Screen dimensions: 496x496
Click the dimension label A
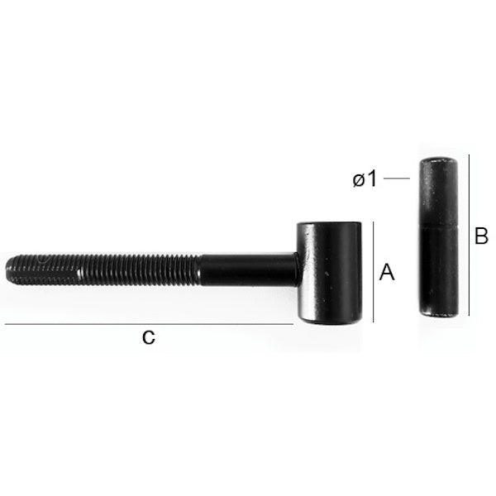coord(387,272)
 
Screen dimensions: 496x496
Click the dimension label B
coord(481,236)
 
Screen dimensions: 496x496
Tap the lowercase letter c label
coord(148,337)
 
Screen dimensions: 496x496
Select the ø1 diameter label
coord(365,179)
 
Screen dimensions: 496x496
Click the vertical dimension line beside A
coord(374,272)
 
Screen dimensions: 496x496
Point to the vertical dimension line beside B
coord(469,235)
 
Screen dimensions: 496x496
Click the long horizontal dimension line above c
coord(149,324)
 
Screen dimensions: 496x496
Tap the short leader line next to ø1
coord(397,179)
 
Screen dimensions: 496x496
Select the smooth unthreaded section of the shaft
coord(249,269)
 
